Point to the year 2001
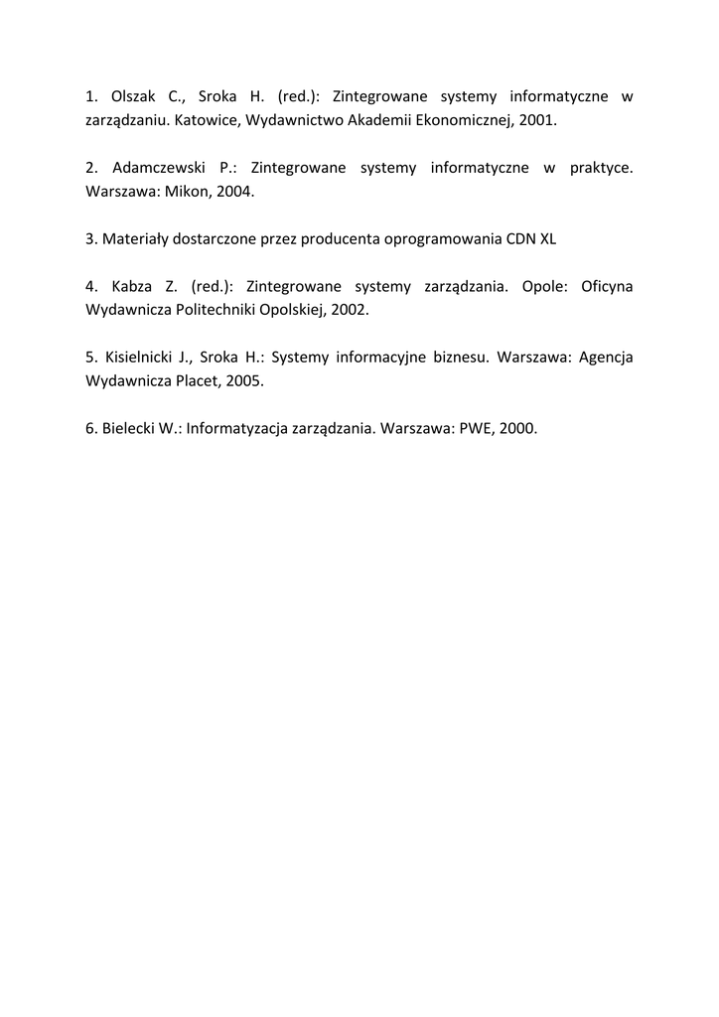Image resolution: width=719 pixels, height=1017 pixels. click(x=537, y=120)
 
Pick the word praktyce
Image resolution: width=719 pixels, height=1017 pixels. click(x=601, y=168)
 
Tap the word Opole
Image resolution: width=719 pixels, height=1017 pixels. click(x=543, y=287)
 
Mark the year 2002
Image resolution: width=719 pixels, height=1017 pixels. click(x=349, y=310)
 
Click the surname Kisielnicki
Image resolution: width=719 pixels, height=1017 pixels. click(x=141, y=358)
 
